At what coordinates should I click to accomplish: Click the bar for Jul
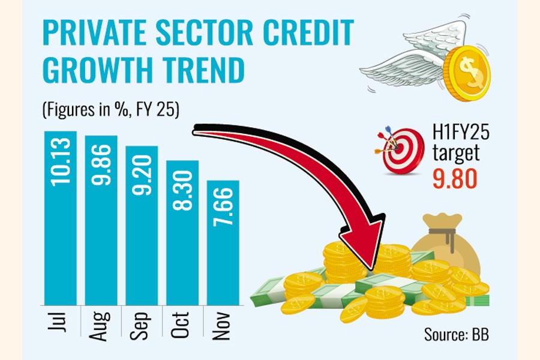[61, 216]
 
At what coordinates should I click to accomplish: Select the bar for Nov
[223, 240]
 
